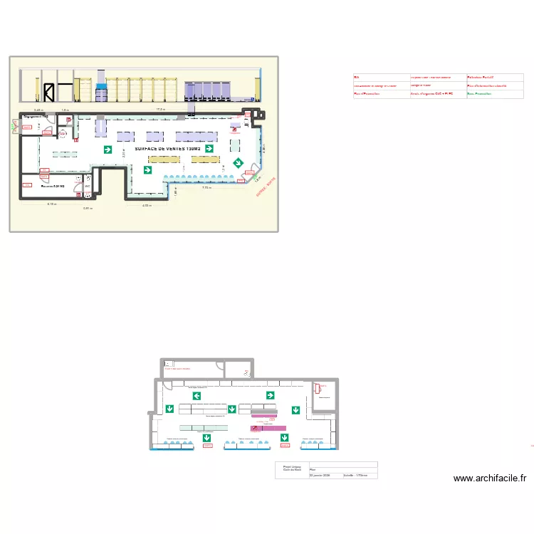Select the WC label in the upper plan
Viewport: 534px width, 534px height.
click(88, 187)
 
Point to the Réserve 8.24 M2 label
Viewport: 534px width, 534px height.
click(53, 187)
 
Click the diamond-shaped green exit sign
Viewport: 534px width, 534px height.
click(237, 164)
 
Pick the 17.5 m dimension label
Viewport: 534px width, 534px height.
click(161, 110)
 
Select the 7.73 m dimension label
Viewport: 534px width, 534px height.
click(207, 188)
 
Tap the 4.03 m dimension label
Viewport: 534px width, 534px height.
click(147, 206)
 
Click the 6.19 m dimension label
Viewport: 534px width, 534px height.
click(52, 204)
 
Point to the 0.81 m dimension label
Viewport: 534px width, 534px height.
click(88, 209)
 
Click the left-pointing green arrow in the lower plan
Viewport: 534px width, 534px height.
click(197, 396)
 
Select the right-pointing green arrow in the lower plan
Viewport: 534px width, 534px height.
click(271, 395)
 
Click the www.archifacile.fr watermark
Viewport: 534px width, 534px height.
click(489, 478)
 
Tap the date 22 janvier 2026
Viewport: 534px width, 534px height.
click(320, 475)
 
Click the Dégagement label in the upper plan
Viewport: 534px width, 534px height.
click(36, 116)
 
